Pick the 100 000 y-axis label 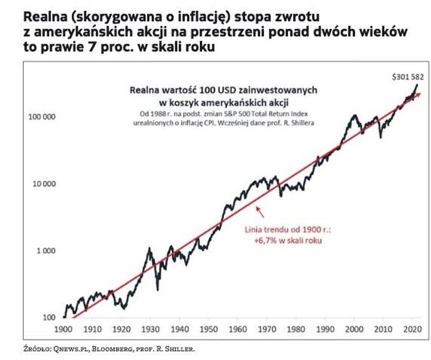[x=42, y=116]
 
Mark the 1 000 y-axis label [x=47, y=250]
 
